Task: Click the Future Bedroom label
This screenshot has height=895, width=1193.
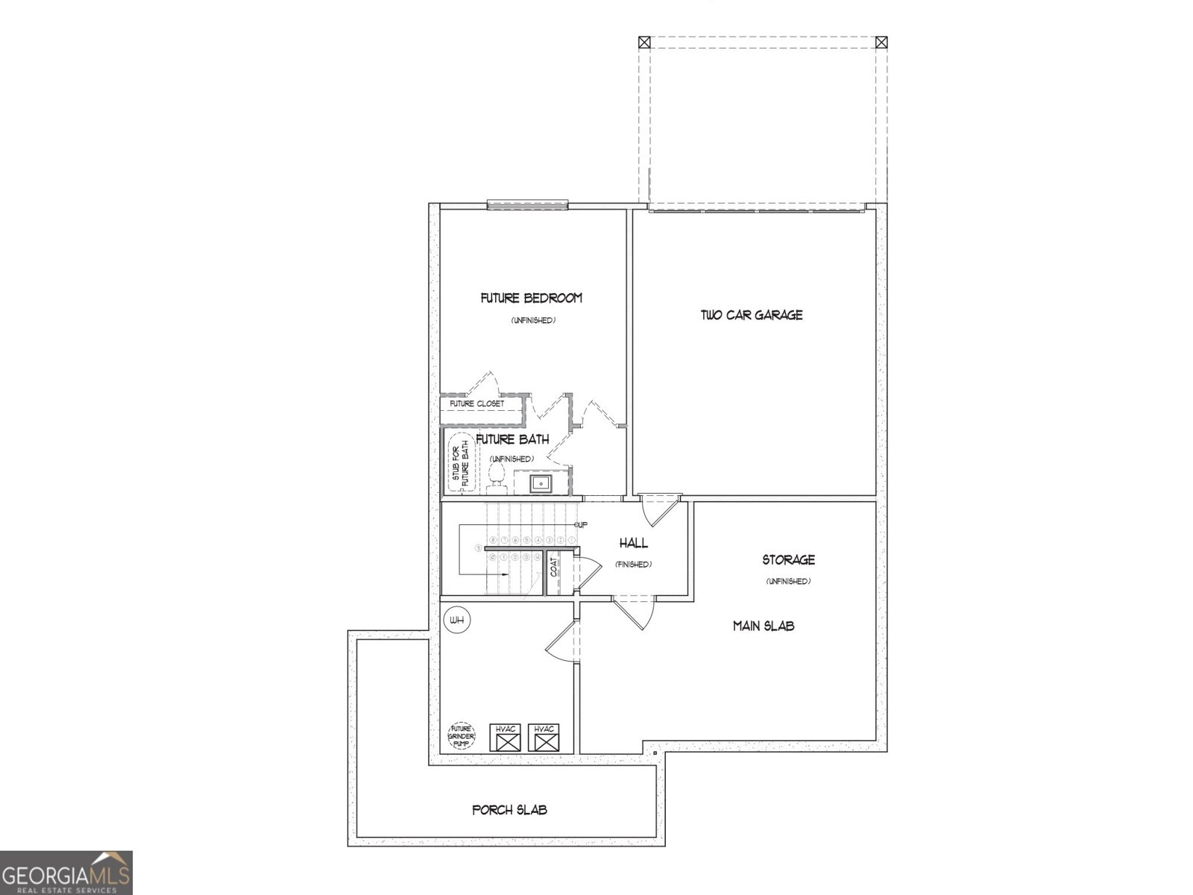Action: point(531,298)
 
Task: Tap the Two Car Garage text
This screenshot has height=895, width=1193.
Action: point(752,315)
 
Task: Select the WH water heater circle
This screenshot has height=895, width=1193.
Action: point(456,621)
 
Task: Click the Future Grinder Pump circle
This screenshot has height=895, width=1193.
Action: point(461,735)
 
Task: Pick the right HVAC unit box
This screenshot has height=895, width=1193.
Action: point(544,738)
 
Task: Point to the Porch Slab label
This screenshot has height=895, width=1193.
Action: point(510,810)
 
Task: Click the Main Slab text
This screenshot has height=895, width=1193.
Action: point(763,626)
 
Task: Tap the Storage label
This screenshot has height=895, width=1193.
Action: point(788,560)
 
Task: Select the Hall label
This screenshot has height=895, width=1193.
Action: point(634,544)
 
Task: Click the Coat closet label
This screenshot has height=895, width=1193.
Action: point(554,568)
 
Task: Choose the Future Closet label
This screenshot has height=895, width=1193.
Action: point(476,404)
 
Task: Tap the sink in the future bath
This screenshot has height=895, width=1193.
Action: point(541,483)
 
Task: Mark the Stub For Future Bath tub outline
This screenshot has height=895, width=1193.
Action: point(460,464)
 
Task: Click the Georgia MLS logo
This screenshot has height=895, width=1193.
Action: point(66,873)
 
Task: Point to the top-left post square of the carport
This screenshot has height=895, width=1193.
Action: point(645,43)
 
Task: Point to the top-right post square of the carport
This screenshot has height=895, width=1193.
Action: point(881,43)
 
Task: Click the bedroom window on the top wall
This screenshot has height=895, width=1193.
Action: point(528,204)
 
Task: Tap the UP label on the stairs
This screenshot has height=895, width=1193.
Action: point(581,525)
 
